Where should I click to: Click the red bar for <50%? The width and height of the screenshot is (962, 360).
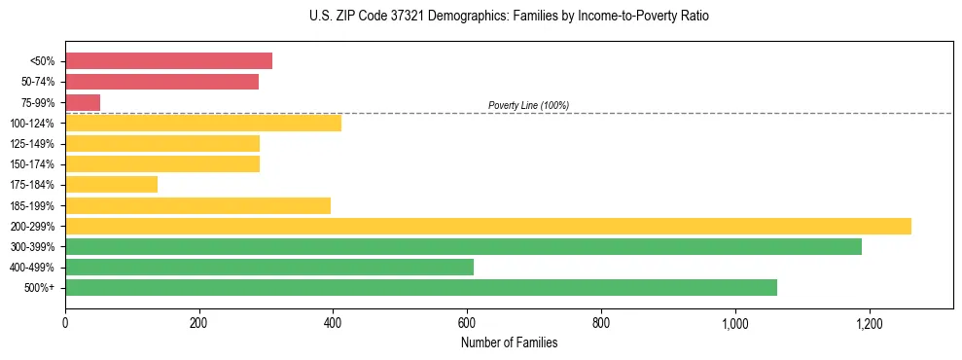click(x=168, y=61)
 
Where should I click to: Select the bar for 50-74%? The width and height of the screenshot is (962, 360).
click(x=161, y=82)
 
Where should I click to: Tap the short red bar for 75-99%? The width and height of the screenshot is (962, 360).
click(x=83, y=102)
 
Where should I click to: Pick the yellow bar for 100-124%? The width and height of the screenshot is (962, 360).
click(x=203, y=123)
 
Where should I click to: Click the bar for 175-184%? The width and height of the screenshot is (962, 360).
click(x=111, y=185)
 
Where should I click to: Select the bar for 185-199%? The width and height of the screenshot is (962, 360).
click(x=197, y=205)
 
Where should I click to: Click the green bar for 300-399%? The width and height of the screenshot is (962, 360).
click(x=463, y=247)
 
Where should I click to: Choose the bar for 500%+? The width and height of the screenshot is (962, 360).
click(x=421, y=288)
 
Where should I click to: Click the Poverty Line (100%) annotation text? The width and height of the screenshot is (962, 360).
click(x=528, y=105)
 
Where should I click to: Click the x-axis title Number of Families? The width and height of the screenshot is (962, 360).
click(x=509, y=342)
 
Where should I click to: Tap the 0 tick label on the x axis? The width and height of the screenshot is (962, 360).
click(x=65, y=323)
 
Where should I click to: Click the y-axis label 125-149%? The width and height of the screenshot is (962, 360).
click(x=32, y=144)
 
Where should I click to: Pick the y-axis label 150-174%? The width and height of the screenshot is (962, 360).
click(x=32, y=164)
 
